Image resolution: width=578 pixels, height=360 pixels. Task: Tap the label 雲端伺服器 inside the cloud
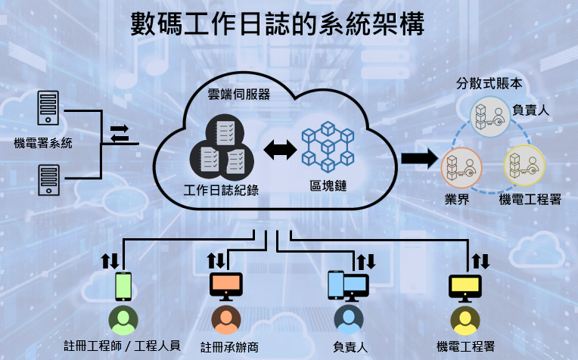238,95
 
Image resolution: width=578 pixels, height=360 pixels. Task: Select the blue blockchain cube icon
328,147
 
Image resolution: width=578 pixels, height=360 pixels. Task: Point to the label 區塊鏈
328,185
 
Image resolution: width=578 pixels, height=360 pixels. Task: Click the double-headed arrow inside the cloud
280,150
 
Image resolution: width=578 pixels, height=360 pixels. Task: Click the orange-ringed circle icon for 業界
461,168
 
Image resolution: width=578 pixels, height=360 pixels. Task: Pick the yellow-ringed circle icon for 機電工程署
524,168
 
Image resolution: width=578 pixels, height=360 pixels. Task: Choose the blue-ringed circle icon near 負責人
490,116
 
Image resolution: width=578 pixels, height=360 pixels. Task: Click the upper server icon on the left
48,109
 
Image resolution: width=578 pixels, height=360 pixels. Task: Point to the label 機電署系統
43,143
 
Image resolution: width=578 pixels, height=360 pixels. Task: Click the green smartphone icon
123,287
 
